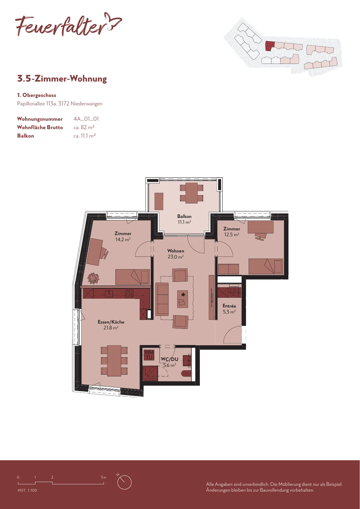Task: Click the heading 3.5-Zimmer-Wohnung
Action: coord(62,79)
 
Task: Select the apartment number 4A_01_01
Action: coord(86,119)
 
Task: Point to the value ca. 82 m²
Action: coord(84,127)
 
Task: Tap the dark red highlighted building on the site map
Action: coord(269,46)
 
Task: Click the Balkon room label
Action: coord(184,216)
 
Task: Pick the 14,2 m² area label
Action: coord(123,239)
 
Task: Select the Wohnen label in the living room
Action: coord(176,251)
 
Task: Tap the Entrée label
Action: coord(229,306)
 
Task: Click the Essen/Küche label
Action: coord(111,322)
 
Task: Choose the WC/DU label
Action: coord(170,359)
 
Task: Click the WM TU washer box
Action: coord(149,355)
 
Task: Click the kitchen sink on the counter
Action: coord(109,294)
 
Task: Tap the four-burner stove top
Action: coord(129,293)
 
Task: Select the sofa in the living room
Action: coord(162,299)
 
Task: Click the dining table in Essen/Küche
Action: coord(114,361)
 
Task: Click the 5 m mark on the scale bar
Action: coord(104,477)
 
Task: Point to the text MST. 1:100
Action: coord(27,490)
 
